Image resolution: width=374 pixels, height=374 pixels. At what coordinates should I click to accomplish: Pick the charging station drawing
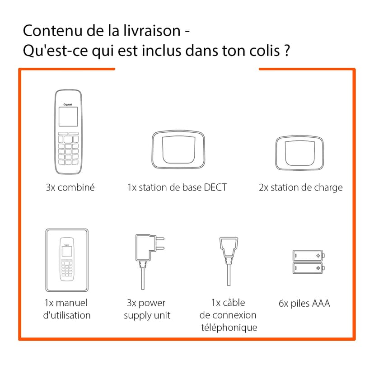299,150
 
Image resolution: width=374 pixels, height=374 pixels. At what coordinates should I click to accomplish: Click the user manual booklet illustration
67,260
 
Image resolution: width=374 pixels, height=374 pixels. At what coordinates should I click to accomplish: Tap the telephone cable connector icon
228,253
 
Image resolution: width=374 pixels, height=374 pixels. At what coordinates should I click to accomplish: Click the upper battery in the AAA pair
309,256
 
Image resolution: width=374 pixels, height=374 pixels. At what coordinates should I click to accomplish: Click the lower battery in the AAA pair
309,268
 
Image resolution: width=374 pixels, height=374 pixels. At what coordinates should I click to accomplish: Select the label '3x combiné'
70,187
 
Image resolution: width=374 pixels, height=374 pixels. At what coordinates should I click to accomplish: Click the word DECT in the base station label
215,187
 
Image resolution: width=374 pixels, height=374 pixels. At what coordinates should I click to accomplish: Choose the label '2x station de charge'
300,187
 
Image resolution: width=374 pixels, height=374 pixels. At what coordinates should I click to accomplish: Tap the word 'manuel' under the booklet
72,303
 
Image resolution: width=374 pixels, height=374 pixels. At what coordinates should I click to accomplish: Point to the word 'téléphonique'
229,327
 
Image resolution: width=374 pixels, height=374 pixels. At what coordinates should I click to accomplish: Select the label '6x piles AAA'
304,303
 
